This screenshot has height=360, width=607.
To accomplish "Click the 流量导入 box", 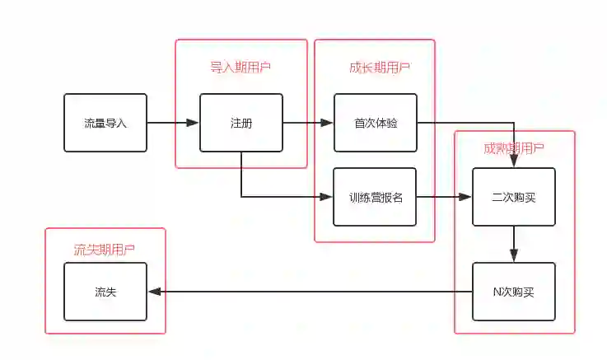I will [105, 123].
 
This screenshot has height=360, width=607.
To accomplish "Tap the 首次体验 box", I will [375, 123].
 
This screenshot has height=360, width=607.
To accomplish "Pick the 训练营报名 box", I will [375, 197].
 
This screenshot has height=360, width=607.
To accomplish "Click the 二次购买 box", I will [513, 197].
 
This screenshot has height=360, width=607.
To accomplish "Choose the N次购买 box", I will [513, 291].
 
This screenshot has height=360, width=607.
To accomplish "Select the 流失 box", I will [105, 291].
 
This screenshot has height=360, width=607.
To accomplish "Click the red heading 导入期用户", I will [240, 67].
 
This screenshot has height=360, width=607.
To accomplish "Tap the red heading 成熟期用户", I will [514, 148].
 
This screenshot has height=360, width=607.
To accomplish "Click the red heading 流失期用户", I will [105, 250].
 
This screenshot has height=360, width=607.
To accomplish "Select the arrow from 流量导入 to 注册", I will [173, 123].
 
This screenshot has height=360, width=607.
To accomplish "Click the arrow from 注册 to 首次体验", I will [308, 123].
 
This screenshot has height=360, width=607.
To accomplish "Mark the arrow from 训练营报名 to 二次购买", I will [444, 197].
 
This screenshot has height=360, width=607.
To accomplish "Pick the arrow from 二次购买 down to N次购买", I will [513, 244].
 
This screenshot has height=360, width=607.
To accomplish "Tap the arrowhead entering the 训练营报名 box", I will [326, 197].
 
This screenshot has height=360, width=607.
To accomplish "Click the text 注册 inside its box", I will [241, 124].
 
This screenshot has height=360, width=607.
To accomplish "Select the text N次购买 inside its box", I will [513, 291].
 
